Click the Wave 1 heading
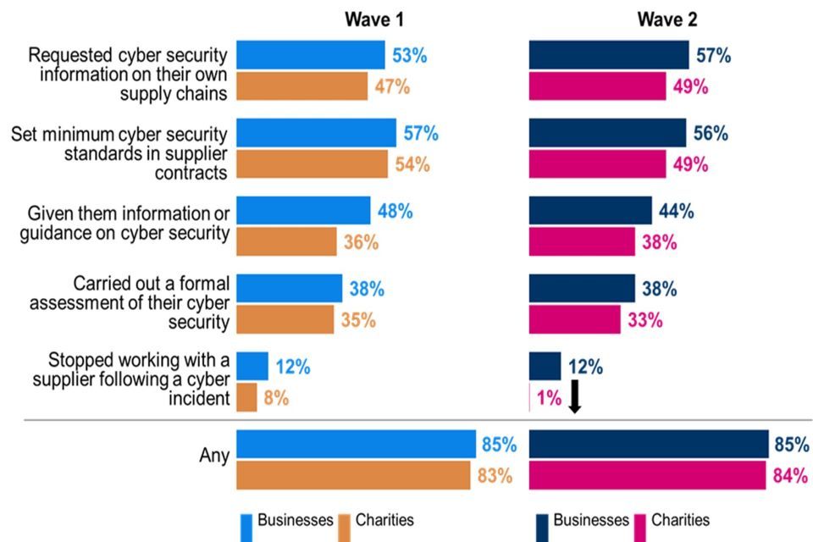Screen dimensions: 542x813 [x=373, y=19]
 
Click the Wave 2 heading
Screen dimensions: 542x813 [x=667, y=19]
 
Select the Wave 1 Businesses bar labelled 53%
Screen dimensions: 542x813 [x=310, y=55]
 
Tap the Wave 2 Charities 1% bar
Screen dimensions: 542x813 [x=530, y=398]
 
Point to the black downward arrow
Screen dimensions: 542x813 [x=575, y=396]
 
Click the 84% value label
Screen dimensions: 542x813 [x=789, y=476]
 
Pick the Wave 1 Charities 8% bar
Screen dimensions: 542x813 [x=246, y=398]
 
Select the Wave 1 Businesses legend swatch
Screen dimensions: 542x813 [x=246, y=526]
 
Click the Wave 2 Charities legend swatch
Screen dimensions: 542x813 [x=639, y=526]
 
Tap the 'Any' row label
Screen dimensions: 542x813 [x=214, y=456]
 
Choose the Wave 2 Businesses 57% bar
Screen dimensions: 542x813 [x=609, y=55]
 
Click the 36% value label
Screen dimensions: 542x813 [x=361, y=242]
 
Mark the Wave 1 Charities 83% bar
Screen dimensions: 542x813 [x=352, y=476]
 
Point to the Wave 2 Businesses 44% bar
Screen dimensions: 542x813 [x=590, y=210]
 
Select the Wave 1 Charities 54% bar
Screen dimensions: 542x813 [x=312, y=164]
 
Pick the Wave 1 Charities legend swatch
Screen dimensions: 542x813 [x=345, y=526]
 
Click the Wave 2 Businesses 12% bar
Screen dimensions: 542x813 [x=545, y=367]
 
